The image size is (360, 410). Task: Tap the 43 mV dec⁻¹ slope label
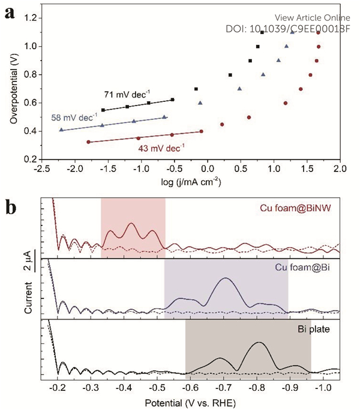161,146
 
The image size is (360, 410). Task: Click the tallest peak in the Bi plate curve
259,342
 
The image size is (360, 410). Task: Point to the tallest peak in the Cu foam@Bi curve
226,279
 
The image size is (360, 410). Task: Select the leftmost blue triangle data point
61,129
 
